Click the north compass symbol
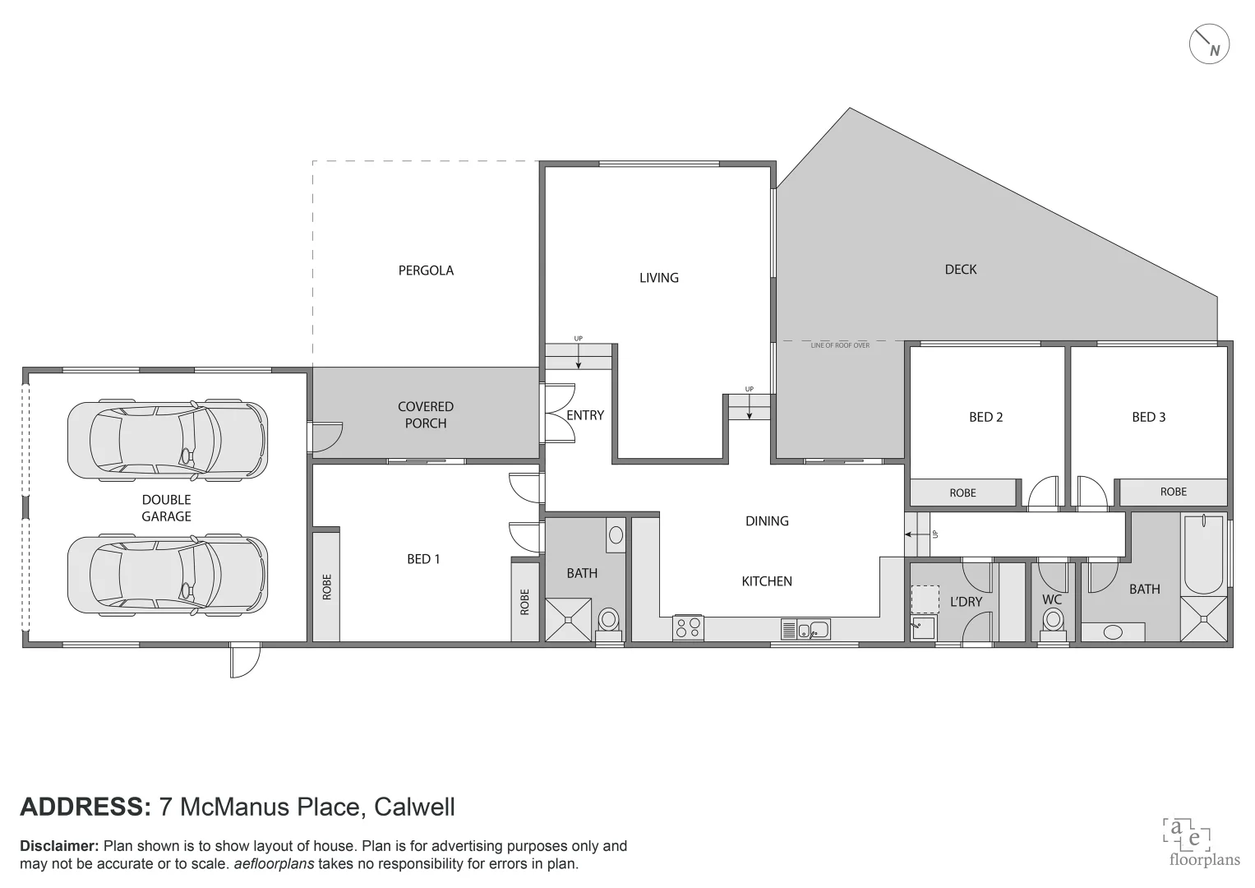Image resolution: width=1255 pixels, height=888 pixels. click(x=1209, y=44)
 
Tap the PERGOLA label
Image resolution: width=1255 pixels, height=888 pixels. click(x=426, y=271)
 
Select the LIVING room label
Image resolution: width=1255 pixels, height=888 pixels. click(x=659, y=278)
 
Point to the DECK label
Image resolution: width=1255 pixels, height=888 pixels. click(x=961, y=270)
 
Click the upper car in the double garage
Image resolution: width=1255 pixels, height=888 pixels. click(x=168, y=440)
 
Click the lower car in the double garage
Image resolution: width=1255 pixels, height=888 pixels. click(x=168, y=576)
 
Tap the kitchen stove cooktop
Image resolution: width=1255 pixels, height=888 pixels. click(x=688, y=628)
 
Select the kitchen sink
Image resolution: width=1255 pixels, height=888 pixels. click(x=805, y=630)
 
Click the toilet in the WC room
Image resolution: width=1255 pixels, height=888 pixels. click(x=1053, y=623)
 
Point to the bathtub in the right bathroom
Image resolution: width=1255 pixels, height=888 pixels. click(x=1202, y=554)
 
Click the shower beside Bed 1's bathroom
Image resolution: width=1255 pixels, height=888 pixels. click(x=569, y=619)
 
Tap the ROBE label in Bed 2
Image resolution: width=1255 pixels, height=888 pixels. click(x=962, y=493)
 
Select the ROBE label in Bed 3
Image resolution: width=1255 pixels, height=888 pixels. click(x=1173, y=492)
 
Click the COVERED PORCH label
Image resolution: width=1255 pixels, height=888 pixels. click(x=426, y=415)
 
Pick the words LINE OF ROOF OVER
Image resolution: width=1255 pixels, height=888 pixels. click(x=840, y=345)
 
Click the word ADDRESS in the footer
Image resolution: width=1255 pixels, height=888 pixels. click(x=85, y=807)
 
